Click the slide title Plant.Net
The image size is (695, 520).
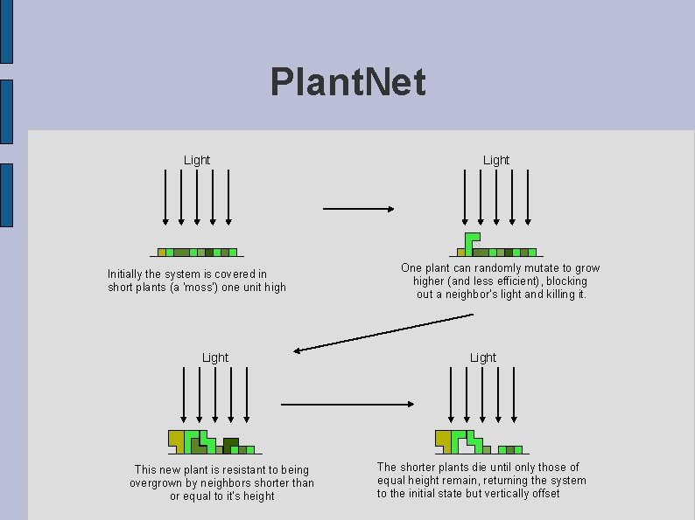tap(348, 82)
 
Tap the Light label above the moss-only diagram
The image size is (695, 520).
tap(197, 160)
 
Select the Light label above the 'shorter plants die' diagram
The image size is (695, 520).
tap(483, 357)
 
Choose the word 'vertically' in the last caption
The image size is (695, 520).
tap(505, 494)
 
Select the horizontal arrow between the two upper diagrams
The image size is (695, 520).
tap(359, 209)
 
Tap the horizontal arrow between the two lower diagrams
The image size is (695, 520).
tap(347, 404)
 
